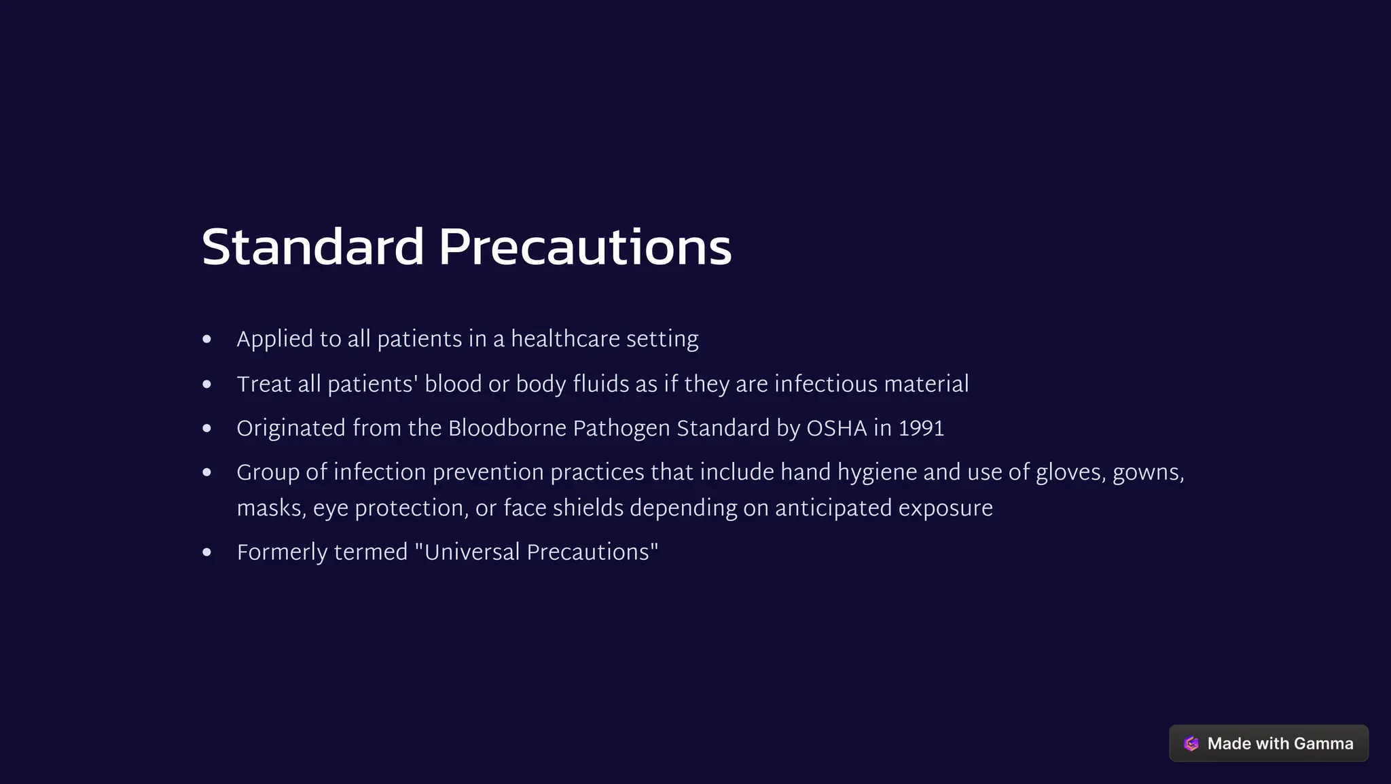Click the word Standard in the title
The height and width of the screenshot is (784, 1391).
(x=312, y=247)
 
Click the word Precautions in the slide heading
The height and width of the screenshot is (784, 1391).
(x=585, y=247)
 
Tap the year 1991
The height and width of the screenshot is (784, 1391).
(x=921, y=429)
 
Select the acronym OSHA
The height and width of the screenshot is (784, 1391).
(x=836, y=429)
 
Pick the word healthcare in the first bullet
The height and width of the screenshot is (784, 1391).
(x=565, y=339)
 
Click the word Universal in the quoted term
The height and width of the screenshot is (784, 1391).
(x=472, y=552)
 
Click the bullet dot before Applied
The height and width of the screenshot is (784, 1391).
(x=207, y=339)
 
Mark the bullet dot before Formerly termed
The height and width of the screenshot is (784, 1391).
(x=207, y=552)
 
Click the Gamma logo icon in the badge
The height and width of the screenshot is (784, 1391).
(x=1191, y=744)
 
